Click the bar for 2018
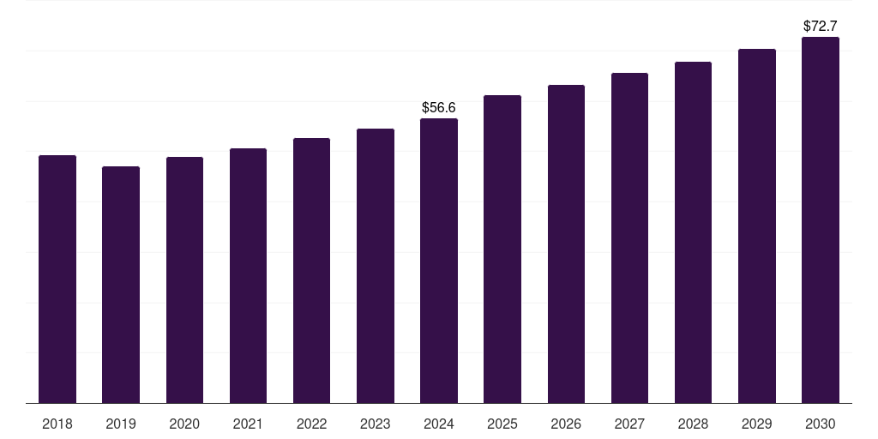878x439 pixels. click(57, 279)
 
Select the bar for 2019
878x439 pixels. click(121, 285)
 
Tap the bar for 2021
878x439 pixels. click(248, 275)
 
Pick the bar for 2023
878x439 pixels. click(376, 266)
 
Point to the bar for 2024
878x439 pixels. click(439, 261)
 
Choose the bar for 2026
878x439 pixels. click(566, 244)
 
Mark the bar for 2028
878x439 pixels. click(693, 232)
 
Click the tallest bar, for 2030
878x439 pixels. click(821, 220)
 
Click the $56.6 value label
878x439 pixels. click(439, 107)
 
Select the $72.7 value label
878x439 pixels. click(821, 26)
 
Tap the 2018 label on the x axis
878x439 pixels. click(57, 424)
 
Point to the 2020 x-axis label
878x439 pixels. click(184, 424)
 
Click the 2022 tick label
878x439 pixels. click(311, 424)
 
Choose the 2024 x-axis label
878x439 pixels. click(439, 424)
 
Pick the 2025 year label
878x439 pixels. click(502, 424)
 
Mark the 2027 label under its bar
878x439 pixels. click(629, 424)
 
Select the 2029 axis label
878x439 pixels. click(757, 424)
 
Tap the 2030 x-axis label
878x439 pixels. click(821, 424)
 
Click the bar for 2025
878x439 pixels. click(502, 249)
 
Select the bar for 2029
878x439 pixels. click(757, 226)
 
